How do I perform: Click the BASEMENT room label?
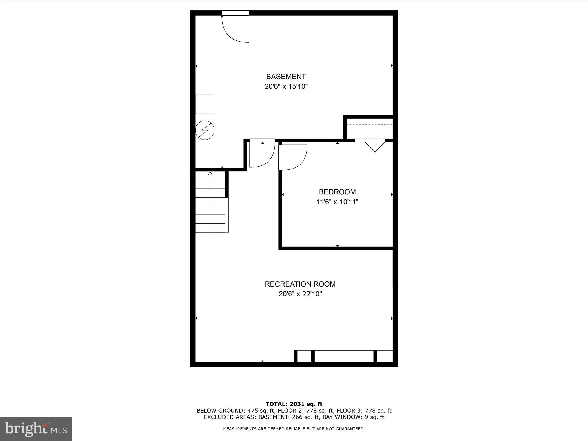[x=286, y=77]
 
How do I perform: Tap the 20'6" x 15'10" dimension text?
[x=286, y=87]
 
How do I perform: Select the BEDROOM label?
[x=337, y=192]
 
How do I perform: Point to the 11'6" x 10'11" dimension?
[x=337, y=202]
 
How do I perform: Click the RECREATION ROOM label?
[x=300, y=284]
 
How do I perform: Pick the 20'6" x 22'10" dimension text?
[x=300, y=294]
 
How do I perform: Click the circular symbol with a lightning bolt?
[x=205, y=130]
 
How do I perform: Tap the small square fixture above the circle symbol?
[x=204, y=104]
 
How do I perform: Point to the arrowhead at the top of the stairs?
[x=210, y=173]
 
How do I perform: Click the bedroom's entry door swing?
[x=293, y=157]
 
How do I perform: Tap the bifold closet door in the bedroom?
[x=375, y=145]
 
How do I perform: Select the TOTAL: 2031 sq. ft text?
[x=294, y=404]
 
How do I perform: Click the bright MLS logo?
[x=36, y=429]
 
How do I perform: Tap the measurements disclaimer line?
[x=294, y=429]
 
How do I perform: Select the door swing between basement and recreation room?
[x=262, y=154]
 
